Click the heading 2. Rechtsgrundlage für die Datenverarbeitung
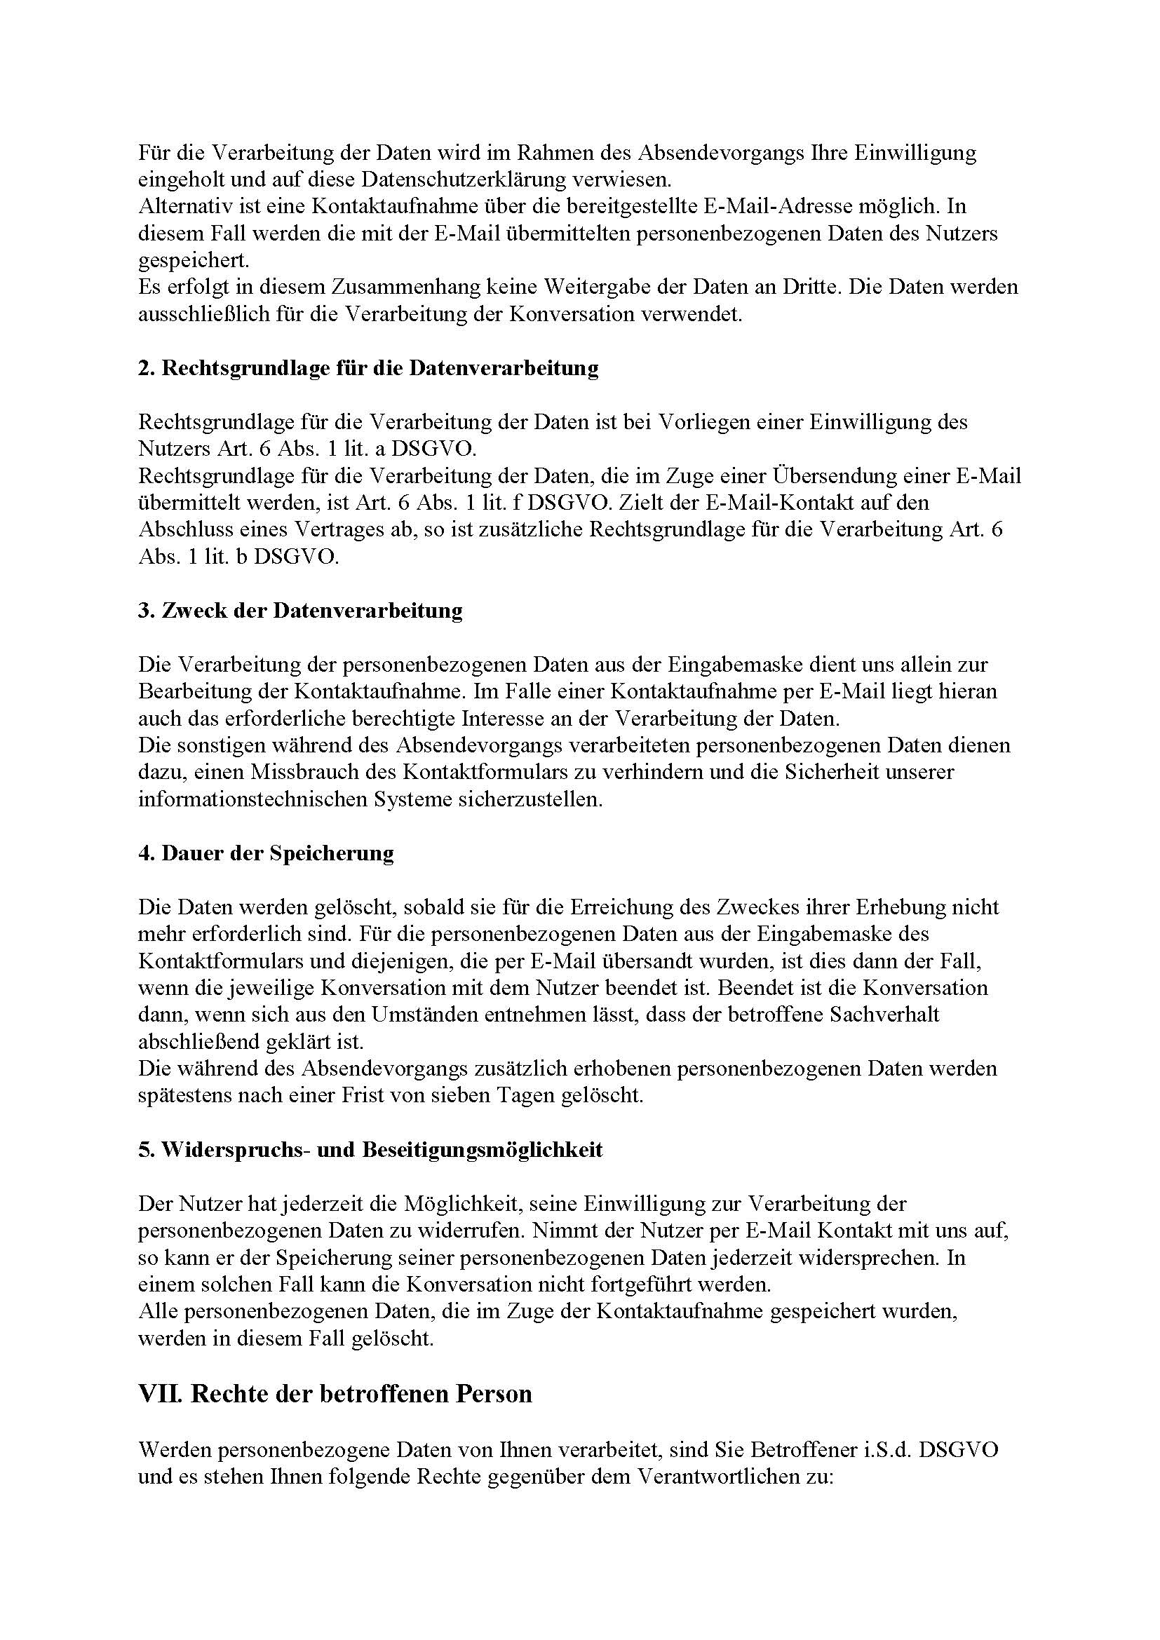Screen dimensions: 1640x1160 click(369, 369)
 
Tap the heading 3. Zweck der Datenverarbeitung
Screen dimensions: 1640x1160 click(300, 611)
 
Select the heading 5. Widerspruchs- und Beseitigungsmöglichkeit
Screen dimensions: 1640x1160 click(370, 1150)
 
